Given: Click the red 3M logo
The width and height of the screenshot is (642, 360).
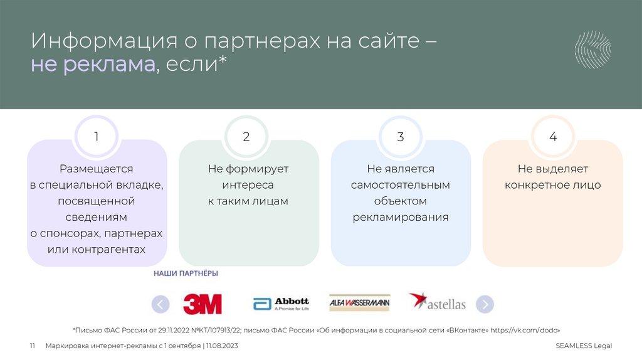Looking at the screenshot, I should [x=202, y=304].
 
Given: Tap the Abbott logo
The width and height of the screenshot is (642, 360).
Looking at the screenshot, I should [x=281, y=304].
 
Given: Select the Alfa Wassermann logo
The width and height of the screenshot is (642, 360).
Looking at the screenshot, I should [x=359, y=304].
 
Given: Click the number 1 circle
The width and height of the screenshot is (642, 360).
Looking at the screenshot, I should [x=96, y=137].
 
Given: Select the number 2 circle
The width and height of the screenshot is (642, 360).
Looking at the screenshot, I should [x=246, y=137].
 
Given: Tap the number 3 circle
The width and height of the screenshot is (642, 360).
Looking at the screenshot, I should [x=401, y=137].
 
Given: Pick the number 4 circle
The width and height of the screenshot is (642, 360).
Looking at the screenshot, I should [x=552, y=137].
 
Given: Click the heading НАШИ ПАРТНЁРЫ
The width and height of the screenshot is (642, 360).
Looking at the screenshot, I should [x=186, y=274].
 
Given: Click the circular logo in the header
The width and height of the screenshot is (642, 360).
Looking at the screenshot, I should [x=592, y=48].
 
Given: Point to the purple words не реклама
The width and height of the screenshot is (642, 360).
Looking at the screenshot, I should [x=93, y=65].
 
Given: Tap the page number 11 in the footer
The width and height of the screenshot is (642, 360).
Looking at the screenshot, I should [x=33, y=346].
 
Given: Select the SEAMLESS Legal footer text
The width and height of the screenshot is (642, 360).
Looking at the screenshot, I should [x=583, y=346].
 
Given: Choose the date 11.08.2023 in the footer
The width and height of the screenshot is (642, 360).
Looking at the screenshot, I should [x=222, y=346].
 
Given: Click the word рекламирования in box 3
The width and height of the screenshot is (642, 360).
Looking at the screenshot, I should [x=400, y=218].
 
